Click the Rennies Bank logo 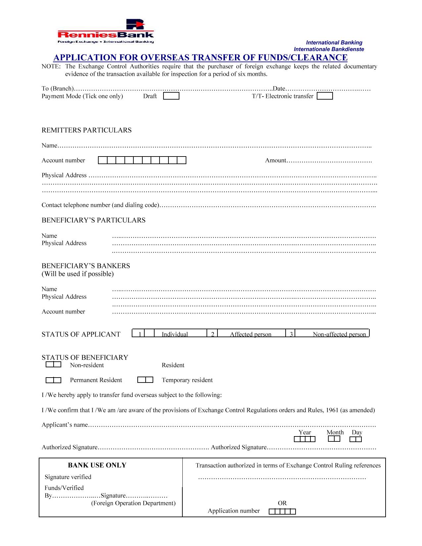106,32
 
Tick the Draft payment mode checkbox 171,96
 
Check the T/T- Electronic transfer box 325,96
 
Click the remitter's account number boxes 142,160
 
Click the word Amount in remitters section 275,160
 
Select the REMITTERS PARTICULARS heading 86,130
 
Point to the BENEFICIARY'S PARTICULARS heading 93,220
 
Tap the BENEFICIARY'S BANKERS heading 86,266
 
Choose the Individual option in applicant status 174,334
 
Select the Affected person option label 251,334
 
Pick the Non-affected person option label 339,334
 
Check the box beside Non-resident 53,365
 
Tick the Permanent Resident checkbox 53,380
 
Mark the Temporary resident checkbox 145,380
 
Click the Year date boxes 305,439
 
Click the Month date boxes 334,439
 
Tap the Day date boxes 355,439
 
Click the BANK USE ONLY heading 97,465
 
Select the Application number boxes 282,512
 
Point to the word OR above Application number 282,503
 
